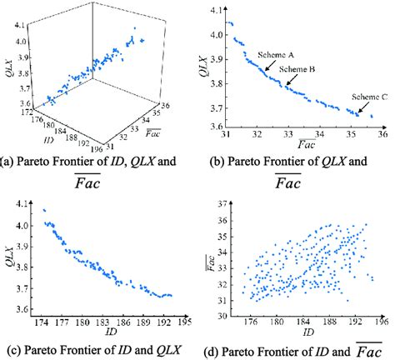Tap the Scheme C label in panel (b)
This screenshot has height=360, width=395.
(368, 96)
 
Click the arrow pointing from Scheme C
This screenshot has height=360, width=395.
(360, 107)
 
